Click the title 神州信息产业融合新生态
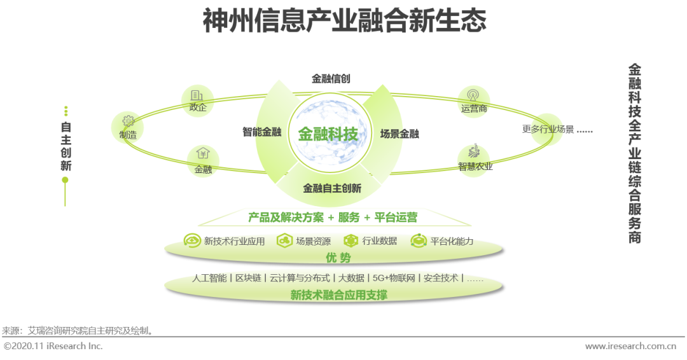(x=344, y=22)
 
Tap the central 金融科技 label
(x=328, y=134)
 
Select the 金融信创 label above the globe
(x=331, y=79)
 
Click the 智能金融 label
(x=261, y=132)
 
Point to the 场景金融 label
(x=399, y=134)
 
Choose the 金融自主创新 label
(x=332, y=188)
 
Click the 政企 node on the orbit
(x=198, y=102)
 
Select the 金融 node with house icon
(x=203, y=161)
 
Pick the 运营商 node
(x=474, y=102)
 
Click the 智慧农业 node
(x=475, y=160)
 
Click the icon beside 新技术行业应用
(x=191, y=241)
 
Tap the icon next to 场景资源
(x=284, y=241)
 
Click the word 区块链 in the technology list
(x=248, y=278)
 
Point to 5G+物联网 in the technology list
(x=394, y=278)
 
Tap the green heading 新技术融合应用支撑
(x=338, y=295)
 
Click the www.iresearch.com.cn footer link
(x=630, y=347)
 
